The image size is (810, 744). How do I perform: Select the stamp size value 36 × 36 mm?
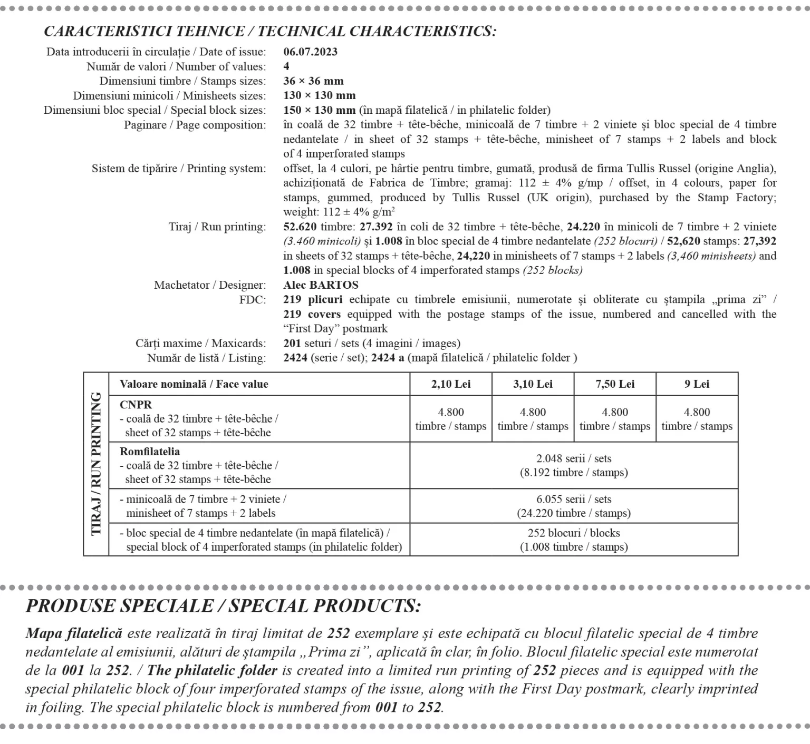313,81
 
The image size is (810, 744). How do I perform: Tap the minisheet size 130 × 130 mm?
319,95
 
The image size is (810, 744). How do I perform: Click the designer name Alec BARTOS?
321,285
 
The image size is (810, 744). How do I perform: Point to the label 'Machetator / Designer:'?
210,285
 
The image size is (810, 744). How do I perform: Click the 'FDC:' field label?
252,300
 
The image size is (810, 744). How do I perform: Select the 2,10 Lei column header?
451,384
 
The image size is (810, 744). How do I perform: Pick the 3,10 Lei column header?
533,384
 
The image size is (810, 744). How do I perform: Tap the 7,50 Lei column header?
615,384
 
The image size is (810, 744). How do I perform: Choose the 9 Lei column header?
697,384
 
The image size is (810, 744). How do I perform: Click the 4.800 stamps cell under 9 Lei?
697,419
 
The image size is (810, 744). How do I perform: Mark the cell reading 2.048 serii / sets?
574,465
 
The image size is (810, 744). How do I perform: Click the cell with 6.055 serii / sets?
574,506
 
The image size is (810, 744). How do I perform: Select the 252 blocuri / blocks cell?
574,540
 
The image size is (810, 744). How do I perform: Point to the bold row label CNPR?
136,405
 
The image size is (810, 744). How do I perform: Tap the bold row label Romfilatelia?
150,452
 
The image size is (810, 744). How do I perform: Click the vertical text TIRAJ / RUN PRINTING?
96,464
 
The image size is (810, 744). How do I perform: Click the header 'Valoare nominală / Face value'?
194,384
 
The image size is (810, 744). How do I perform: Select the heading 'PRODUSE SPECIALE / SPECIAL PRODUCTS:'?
223,606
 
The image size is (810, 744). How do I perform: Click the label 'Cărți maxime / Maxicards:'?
200,344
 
